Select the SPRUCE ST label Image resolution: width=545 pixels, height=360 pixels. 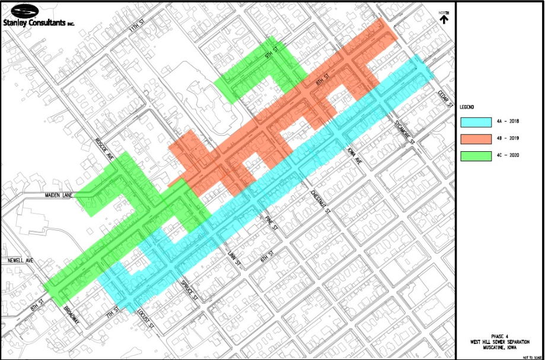pos(189,289)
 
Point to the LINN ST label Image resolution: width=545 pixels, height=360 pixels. pos(232,259)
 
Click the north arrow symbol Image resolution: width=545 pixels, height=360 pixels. pos(444,17)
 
